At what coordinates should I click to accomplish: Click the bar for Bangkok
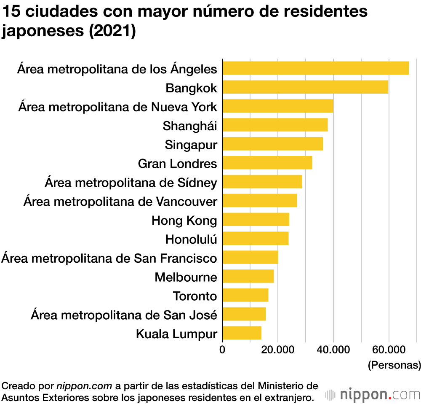[x=305, y=87]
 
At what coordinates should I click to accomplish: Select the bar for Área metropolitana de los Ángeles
[x=315, y=68]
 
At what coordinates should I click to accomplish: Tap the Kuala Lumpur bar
[x=242, y=333]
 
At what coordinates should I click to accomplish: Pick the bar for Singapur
[x=272, y=144]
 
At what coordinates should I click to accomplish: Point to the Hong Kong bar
[x=256, y=220]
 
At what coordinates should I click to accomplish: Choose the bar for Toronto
[x=245, y=295]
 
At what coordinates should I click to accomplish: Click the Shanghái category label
[x=190, y=125]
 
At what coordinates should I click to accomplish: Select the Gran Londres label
[x=177, y=163]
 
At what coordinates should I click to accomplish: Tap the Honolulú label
[x=191, y=239]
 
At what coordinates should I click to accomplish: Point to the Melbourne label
[x=186, y=277]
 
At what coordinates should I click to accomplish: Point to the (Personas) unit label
[x=394, y=365]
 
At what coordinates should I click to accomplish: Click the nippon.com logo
[x=373, y=395]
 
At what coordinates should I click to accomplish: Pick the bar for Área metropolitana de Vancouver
[x=259, y=201]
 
